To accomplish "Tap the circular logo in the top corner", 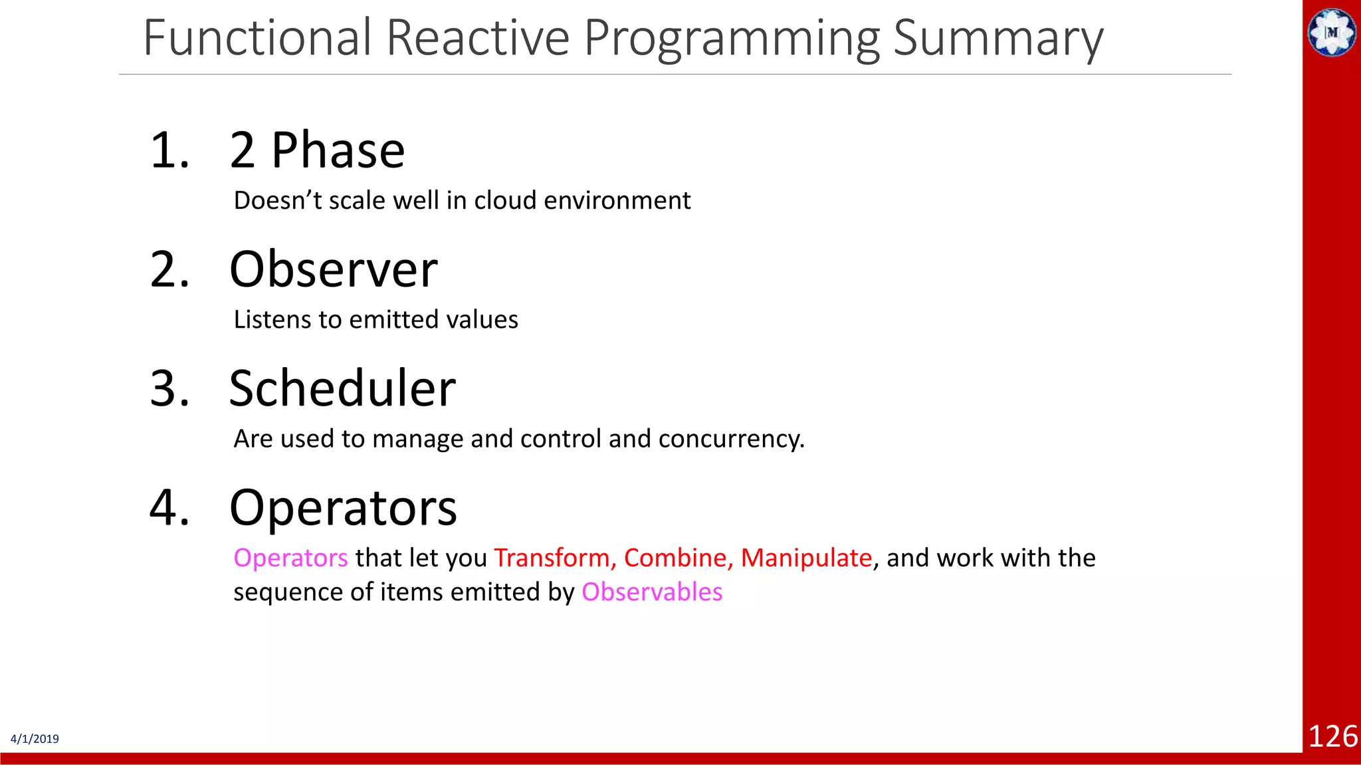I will click(1332, 32).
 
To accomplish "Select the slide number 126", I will click(1332, 737).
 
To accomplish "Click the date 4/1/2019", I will click(35, 739).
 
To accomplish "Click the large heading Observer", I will click(333, 270).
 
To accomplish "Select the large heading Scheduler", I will click(342, 389).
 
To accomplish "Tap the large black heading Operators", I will click(343, 508).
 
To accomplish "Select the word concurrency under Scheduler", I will click(730, 440).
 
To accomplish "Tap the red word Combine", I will click(678, 558).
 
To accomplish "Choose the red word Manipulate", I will click(805, 558).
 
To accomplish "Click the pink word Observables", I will click(652, 592).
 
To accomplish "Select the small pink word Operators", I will click(290, 558).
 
